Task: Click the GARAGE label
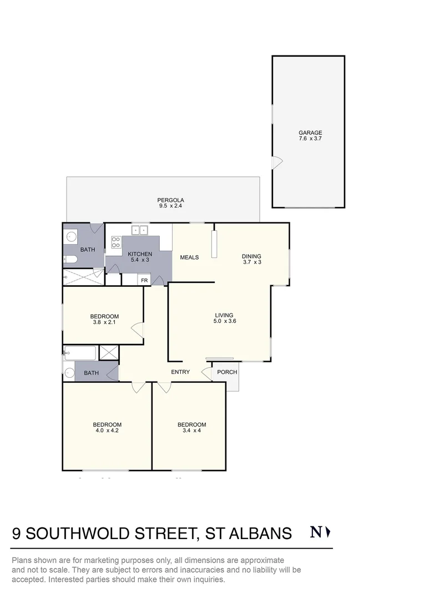point(310,133)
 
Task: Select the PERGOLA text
point(163,200)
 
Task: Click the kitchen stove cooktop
point(116,242)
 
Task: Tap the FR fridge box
point(144,280)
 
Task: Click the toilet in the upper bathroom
point(70,260)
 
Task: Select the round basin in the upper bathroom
point(72,237)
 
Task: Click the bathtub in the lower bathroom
point(80,352)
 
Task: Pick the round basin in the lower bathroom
point(69,373)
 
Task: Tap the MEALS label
point(189,257)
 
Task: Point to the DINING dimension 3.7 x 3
point(251,262)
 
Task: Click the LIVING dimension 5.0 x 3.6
point(225,321)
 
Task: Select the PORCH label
point(227,372)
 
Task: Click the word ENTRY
point(180,372)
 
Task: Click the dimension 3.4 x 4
point(191,430)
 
